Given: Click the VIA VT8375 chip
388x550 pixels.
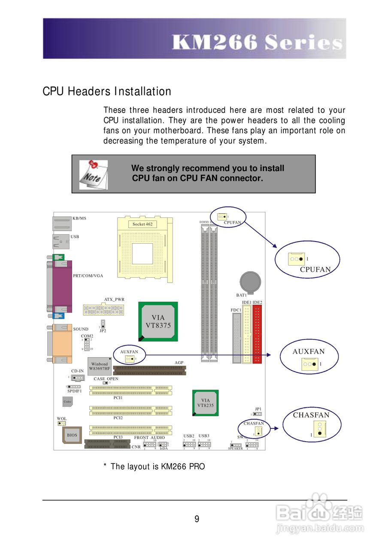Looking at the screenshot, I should [x=158, y=321].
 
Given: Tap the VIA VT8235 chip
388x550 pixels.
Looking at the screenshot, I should [x=205, y=403].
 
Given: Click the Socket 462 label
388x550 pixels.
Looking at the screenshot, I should [x=142, y=224].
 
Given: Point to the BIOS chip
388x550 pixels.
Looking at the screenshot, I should [x=72, y=435].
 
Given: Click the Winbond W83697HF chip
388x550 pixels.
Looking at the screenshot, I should [x=99, y=366].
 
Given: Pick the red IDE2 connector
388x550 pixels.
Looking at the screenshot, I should [x=257, y=334].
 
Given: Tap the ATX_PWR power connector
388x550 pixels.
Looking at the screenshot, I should [x=103, y=309].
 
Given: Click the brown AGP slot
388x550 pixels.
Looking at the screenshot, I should [x=149, y=370].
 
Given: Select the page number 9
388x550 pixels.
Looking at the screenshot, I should [x=197, y=519].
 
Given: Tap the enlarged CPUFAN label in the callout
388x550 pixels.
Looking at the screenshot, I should [x=315, y=270].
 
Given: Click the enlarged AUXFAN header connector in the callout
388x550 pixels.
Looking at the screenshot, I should [x=310, y=364].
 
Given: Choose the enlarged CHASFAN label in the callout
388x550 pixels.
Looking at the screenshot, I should [x=311, y=415].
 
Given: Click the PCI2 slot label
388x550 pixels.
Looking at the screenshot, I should [x=118, y=418].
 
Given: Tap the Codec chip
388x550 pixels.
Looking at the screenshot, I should [x=67, y=402].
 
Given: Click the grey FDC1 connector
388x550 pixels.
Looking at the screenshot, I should [x=236, y=338].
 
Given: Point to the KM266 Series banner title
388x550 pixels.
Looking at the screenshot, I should [x=256, y=43].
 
